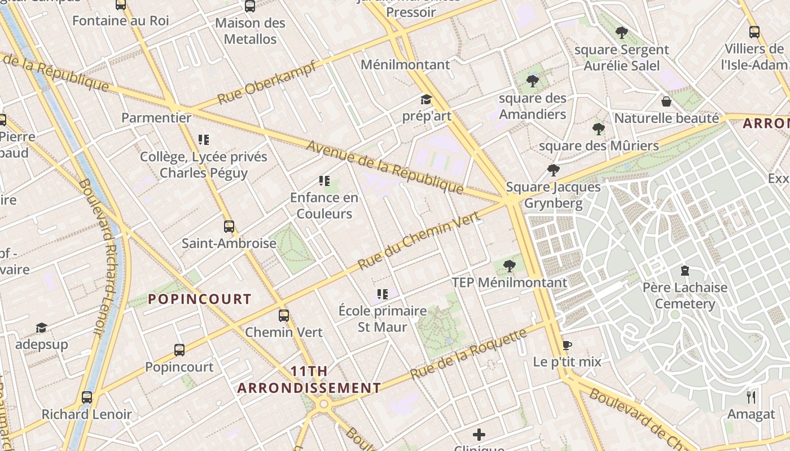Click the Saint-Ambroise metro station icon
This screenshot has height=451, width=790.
[x=229, y=227]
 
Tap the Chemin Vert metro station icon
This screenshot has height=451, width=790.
[x=284, y=316]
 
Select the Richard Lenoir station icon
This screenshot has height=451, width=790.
[x=87, y=397]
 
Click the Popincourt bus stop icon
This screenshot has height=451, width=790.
[x=179, y=350]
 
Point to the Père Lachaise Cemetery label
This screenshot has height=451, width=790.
[x=685, y=296]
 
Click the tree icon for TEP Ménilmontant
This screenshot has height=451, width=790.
[x=510, y=266]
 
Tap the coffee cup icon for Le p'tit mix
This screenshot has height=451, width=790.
[x=567, y=345]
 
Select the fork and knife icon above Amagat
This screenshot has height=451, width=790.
[x=751, y=397]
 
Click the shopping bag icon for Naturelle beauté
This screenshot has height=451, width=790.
[x=666, y=101]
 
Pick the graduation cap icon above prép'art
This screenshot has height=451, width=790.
[x=426, y=100]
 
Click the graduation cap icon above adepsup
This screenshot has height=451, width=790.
[x=41, y=328]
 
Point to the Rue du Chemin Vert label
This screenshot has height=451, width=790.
[x=419, y=240]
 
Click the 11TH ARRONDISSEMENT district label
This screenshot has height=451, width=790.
[x=309, y=379]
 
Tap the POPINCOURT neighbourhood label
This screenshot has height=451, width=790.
[x=200, y=299]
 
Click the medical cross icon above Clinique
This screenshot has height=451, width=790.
[x=479, y=435]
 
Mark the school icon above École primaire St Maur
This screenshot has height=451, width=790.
[x=383, y=294]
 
